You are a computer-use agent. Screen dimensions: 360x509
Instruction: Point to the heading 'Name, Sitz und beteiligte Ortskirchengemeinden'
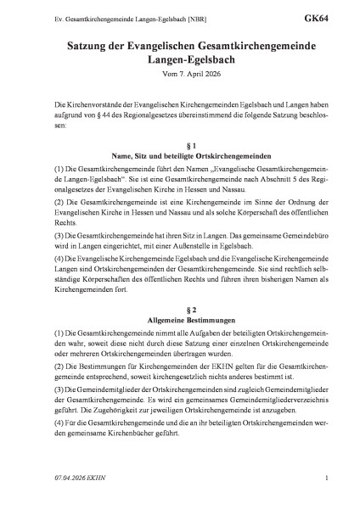[180, 157]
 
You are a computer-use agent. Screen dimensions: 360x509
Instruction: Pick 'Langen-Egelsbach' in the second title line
[180, 58]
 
